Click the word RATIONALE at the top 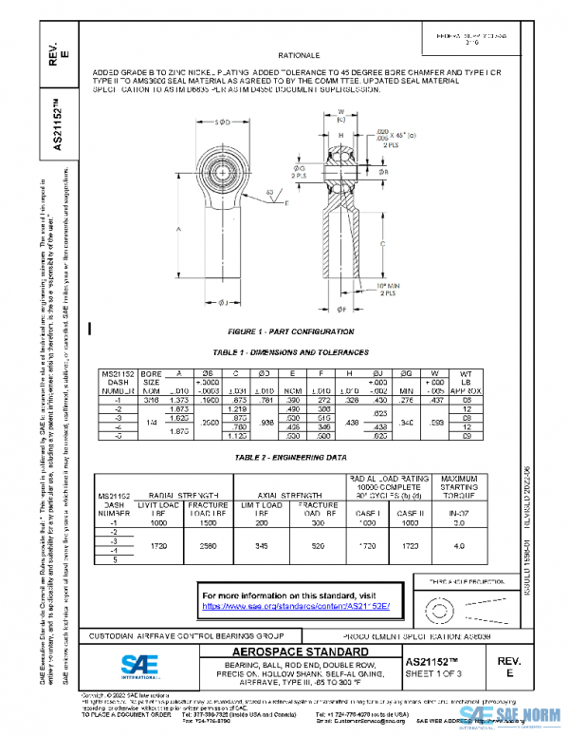click(x=306, y=56)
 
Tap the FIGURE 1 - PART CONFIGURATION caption click(x=284, y=331)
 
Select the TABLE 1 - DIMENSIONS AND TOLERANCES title click(x=285, y=351)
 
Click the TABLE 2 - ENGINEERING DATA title click(x=285, y=457)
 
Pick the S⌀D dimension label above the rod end click(x=224, y=123)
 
